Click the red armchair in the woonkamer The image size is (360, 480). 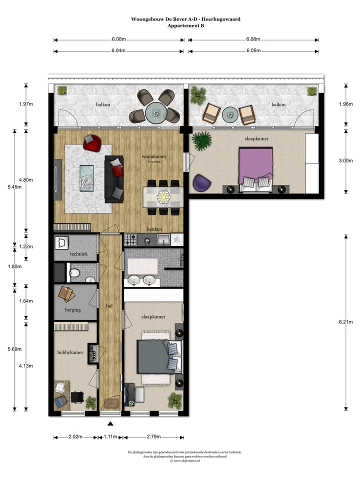(92, 142)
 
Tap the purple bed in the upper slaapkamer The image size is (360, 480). (255, 165)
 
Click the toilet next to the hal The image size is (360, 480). (74, 273)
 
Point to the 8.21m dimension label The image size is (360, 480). (346, 322)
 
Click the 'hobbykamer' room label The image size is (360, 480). (70, 352)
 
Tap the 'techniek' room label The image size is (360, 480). (78, 254)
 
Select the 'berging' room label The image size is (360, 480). (73, 309)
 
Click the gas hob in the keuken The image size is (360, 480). (130, 240)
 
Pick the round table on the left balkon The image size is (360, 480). (156, 112)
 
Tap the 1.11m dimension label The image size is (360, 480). (110, 436)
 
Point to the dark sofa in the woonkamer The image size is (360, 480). (113, 178)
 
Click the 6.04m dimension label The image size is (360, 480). (118, 50)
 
